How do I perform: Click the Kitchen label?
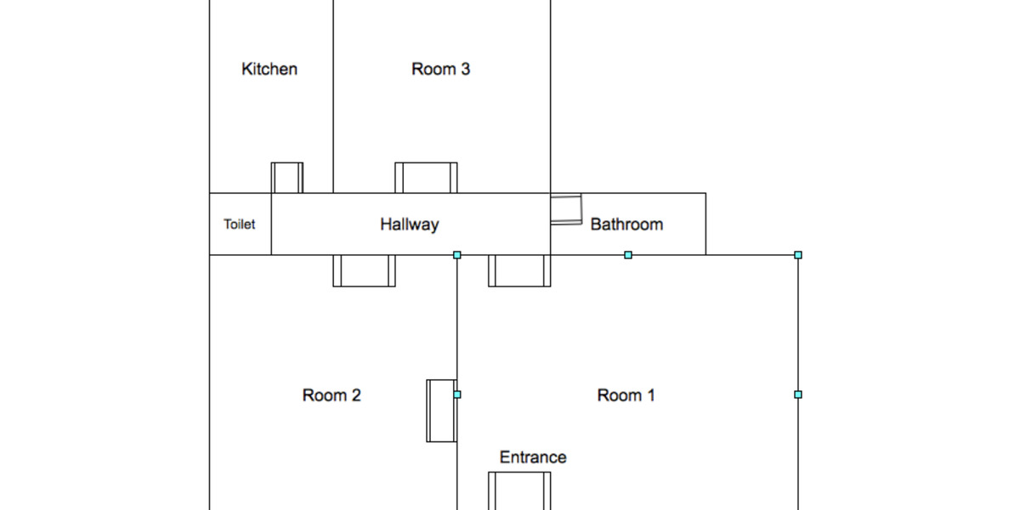tap(269, 70)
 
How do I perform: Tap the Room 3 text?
tap(440, 70)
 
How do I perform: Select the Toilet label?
tap(240, 225)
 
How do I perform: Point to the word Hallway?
tap(409, 225)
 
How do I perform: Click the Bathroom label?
tap(626, 225)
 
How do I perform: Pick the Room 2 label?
tap(331, 395)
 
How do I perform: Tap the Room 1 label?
tap(626, 395)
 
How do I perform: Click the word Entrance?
tap(533, 457)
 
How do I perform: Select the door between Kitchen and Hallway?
tap(287, 178)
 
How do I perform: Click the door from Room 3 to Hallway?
tap(426, 178)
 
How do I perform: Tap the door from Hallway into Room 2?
tap(364, 270)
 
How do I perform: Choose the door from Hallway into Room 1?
tap(519, 270)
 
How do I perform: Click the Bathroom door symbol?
tap(566, 209)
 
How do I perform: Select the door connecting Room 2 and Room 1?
tap(441, 411)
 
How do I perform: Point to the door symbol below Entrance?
tap(519, 490)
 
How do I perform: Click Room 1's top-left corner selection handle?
tap(457, 255)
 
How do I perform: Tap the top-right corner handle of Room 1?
tap(798, 255)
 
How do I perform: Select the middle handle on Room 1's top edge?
tap(628, 255)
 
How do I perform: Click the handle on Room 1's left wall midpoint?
tap(457, 394)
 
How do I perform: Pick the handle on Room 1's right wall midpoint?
tap(798, 394)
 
